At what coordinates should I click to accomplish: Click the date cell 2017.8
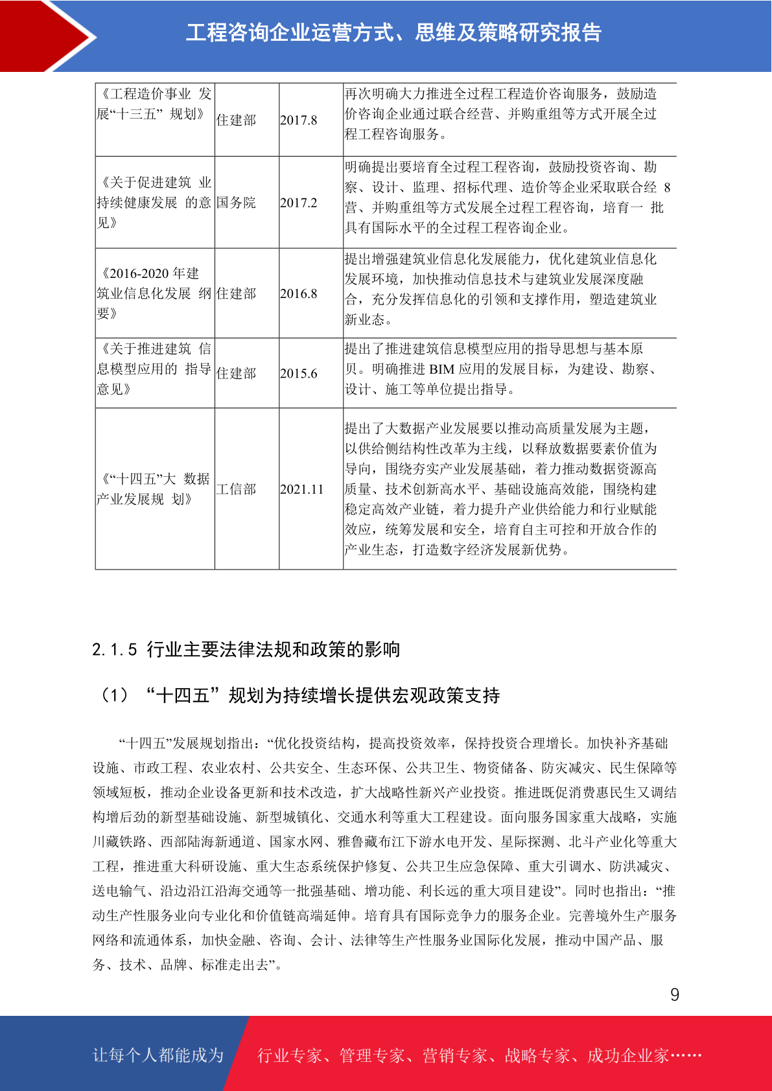pos(299,120)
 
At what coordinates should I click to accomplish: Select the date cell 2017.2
pos(299,203)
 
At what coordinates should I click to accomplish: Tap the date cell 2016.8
pos(299,293)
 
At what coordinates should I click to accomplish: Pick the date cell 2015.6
pos(299,373)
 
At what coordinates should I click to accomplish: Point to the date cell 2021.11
pos(301,489)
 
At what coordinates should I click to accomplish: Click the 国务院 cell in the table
pos(236,203)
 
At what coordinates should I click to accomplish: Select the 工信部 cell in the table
pos(236,489)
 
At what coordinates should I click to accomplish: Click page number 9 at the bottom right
pos(675,995)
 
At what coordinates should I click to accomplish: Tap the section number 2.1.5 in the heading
pos(115,650)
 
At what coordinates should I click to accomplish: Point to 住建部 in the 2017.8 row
pos(236,120)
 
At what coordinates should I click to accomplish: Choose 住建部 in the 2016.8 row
pos(236,293)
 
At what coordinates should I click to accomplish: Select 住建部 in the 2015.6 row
pos(236,373)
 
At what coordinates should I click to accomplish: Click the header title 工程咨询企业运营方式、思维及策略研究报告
pos(394,32)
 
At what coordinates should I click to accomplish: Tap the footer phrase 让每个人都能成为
pos(158,1055)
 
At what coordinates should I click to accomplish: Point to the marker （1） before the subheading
pos(115,696)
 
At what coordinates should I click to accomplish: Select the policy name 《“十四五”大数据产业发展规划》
pos(154,488)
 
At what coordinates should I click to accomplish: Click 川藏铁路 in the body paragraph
pos(119,842)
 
